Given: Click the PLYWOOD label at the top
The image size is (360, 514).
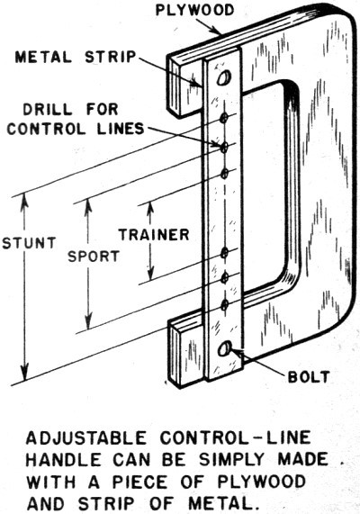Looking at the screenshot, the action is pos(194,10).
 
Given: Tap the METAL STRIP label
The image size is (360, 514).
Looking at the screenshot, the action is pos(76,58).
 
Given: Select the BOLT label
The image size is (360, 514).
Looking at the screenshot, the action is pos(309,377).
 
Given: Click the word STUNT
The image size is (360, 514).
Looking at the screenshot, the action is pos(29,243).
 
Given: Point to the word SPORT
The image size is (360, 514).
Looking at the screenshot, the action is pos(94,256).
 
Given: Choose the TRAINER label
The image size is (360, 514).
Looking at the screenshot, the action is pos(154,235).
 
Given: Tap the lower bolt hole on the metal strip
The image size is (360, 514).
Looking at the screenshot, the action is pos(225,348).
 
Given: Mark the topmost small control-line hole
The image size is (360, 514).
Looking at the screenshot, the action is pos(224,118).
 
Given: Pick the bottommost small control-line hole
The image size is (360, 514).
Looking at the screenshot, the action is pos(225,305).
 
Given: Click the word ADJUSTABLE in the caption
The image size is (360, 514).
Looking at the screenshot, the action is pos(85,438).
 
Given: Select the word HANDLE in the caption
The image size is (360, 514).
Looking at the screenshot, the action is pos(64,460).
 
